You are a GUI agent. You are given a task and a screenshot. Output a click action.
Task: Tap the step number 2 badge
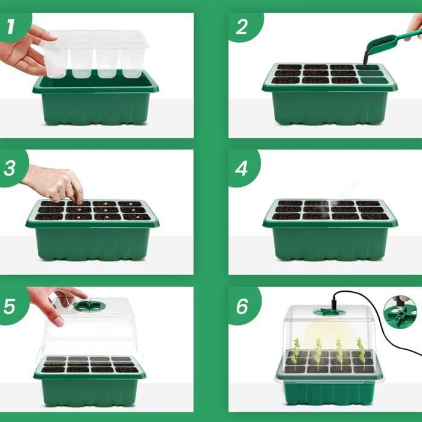tap(244, 27)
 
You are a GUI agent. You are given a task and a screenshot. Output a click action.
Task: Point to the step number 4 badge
tap(242, 168)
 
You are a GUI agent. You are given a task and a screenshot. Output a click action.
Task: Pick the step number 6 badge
tap(243, 306)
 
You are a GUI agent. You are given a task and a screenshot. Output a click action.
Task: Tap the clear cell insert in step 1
tap(95, 53)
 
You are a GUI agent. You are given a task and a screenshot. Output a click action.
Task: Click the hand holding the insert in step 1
tap(25, 51)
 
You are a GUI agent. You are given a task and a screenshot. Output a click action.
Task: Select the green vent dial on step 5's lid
tap(90, 306)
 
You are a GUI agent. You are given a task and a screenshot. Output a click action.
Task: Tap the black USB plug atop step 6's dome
tap(334, 302)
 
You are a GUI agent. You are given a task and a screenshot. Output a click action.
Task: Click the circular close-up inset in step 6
tap(400, 311)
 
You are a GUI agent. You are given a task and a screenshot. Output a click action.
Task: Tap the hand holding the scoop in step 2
tap(415, 27)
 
